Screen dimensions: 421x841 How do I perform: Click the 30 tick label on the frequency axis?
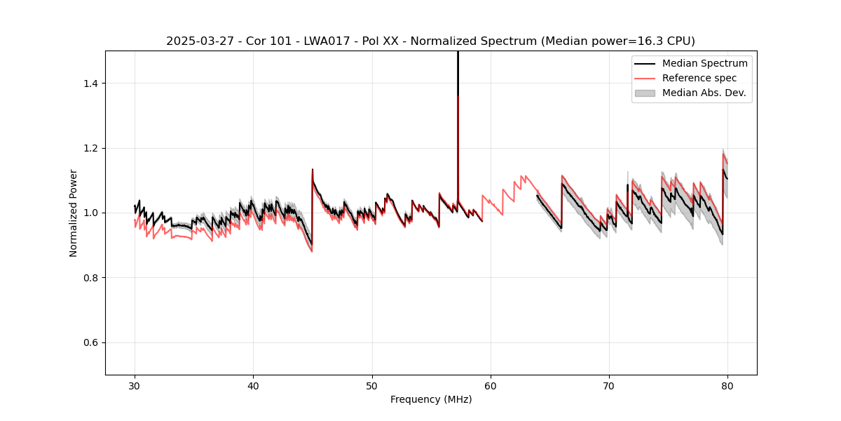pos(135,385)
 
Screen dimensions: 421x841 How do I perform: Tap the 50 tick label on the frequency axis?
pos(372,385)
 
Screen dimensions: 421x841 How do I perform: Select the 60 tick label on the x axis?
pos(491,385)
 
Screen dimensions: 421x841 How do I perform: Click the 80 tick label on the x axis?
pos(727,385)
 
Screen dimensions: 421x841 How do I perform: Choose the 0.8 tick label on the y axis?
pos(92,278)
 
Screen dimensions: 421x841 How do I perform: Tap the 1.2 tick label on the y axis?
pos(92,148)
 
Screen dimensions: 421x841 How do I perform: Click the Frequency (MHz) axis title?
pos(431,399)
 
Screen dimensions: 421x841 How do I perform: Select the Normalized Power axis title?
pos(74,213)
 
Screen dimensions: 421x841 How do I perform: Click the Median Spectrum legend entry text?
pos(704,63)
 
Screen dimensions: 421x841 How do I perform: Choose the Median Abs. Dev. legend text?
pos(704,93)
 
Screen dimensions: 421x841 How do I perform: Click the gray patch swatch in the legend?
pos(645,93)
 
